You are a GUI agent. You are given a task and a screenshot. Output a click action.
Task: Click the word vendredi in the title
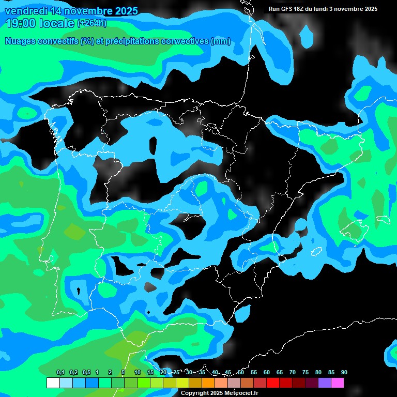(25, 11)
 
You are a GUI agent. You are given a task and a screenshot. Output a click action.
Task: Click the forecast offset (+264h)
(91, 23)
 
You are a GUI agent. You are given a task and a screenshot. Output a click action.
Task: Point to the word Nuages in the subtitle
(20, 41)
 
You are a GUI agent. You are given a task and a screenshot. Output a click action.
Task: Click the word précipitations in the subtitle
(131, 41)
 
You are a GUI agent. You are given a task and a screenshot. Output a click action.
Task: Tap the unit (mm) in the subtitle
(220, 41)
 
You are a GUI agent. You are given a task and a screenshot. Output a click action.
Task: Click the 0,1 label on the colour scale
(60, 372)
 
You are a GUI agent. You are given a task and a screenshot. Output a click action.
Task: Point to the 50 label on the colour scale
(241, 372)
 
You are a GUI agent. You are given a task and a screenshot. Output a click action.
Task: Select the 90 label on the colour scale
(344, 372)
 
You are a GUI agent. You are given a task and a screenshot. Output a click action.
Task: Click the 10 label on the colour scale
(138, 372)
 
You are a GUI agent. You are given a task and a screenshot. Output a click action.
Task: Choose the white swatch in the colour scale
(53, 383)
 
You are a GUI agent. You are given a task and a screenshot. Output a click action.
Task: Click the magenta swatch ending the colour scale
(337, 383)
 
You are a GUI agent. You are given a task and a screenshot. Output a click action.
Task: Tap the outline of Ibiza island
(316, 252)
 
